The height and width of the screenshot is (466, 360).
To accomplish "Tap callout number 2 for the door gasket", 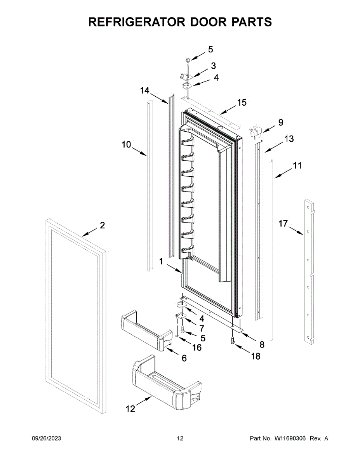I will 102,225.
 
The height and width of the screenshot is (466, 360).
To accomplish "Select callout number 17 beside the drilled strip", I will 283,223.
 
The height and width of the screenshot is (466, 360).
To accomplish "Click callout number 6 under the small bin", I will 184,358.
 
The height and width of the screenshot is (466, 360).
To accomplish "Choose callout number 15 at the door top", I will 242,103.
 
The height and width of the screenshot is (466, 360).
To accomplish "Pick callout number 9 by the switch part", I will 280,123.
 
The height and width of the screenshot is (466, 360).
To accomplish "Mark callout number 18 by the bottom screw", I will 256,356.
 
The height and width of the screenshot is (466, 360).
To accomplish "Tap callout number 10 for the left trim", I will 126,144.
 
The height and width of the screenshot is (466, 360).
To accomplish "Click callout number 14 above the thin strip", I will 144,90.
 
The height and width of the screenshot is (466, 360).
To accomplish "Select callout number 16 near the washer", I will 197,347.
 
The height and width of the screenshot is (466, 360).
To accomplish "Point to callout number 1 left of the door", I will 161,262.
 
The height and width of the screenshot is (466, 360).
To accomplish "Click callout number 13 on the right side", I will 289,139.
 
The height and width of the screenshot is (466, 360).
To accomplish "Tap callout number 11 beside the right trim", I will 297,166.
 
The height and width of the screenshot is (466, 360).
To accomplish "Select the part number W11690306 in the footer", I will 290,438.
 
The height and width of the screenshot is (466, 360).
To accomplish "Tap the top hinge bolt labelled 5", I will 188,61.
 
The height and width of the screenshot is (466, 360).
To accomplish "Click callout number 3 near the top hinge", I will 214,66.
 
